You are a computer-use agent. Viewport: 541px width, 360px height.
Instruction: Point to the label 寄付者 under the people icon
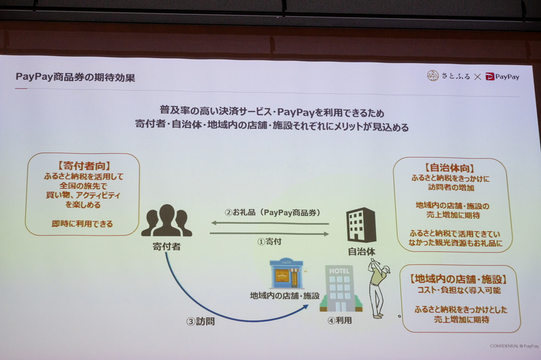pyautogui.click(x=166, y=246)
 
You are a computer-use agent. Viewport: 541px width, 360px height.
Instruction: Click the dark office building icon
pyautogui.click(x=360, y=225)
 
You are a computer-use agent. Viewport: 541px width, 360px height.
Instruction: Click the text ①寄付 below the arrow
pyautogui.click(x=269, y=240)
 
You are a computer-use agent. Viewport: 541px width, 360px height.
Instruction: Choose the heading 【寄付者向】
pyautogui.click(x=83, y=164)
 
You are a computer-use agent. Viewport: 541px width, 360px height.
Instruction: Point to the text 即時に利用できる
pyautogui.click(x=83, y=223)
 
